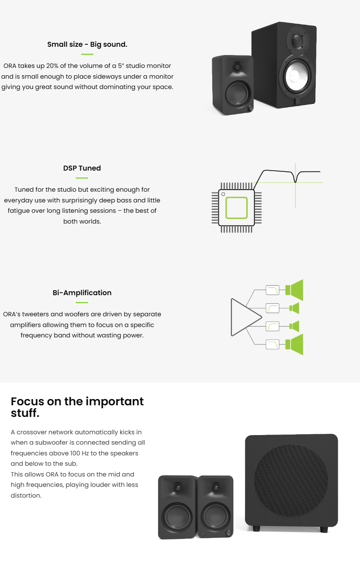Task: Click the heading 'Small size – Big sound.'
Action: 87,44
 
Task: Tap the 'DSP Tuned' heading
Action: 82,168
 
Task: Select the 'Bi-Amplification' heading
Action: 82,293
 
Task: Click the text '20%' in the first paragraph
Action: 52,66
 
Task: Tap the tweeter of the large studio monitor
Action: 298,40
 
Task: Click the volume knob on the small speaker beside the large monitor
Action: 250,108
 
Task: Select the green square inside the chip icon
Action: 236,208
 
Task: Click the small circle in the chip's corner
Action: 223,194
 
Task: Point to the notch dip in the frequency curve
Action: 295,181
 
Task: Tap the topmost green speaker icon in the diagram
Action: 294,290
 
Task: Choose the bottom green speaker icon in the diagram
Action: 294,344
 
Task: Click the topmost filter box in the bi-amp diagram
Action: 272,290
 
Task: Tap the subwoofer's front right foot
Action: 324,529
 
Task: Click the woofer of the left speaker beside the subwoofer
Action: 177,517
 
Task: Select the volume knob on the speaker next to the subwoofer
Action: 228,533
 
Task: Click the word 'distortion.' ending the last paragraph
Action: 26,495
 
